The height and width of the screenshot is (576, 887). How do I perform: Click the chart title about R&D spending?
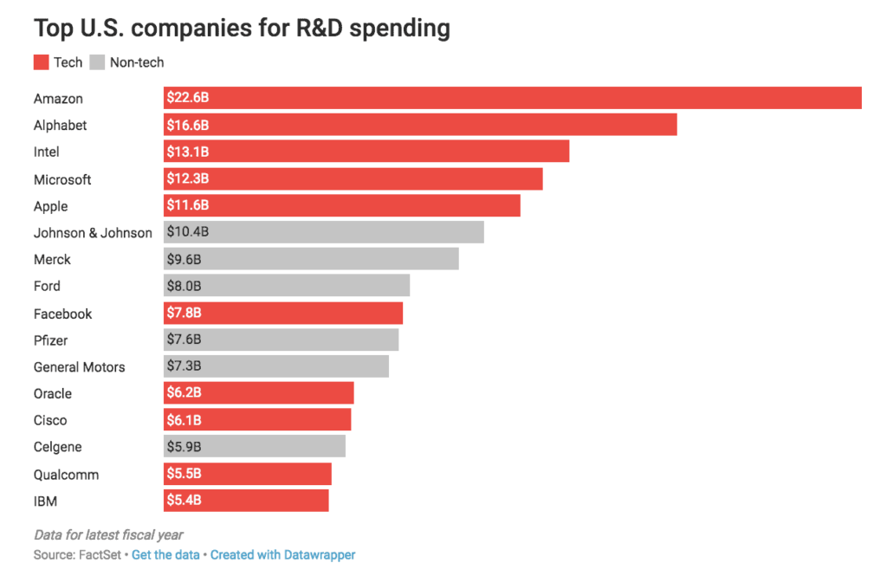(x=242, y=28)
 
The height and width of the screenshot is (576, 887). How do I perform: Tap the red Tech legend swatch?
(x=42, y=62)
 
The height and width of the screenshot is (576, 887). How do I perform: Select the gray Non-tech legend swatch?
(x=97, y=62)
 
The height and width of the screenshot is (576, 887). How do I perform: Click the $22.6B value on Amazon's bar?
(x=187, y=99)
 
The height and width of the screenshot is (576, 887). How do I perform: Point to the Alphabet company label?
(x=61, y=126)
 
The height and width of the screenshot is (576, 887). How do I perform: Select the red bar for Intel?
(x=366, y=152)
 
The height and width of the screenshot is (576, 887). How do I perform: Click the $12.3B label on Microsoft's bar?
(x=187, y=179)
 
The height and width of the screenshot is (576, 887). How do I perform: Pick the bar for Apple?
(x=342, y=206)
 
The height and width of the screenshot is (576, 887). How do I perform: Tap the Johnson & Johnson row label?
(x=93, y=233)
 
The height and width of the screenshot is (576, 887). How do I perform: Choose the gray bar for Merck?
(x=311, y=259)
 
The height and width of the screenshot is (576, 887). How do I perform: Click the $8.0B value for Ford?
(x=184, y=286)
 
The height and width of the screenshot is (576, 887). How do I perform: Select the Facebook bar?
(x=283, y=313)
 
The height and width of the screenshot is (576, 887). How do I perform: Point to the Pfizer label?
(x=50, y=340)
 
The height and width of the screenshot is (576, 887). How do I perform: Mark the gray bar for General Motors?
(x=276, y=366)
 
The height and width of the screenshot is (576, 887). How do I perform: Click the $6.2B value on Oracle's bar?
(x=184, y=393)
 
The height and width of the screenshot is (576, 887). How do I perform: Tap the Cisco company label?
(x=50, y=420)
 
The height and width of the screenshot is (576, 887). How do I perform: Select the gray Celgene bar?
(x=255, y=447)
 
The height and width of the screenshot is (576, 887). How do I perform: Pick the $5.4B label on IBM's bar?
(x=184, y=501)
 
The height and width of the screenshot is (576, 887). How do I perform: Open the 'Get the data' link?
(x=165, y=554)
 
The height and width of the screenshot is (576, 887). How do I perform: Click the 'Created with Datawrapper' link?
(x=282, y=554)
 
